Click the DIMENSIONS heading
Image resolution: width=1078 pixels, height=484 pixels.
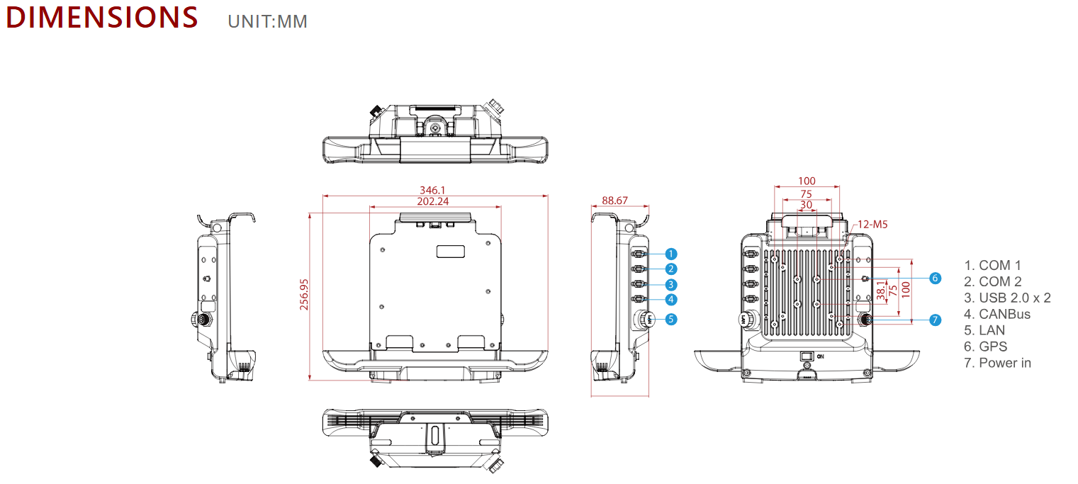click(101, 17)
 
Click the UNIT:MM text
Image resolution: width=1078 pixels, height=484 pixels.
click(268, 22)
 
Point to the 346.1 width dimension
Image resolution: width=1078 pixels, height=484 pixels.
click(432, 190)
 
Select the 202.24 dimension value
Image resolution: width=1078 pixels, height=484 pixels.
click(432, 201)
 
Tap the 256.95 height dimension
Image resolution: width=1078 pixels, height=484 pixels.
click(303, 295)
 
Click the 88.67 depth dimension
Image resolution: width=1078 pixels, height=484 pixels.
click(614, 200)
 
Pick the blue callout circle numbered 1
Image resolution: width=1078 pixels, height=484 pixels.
click(671, 254)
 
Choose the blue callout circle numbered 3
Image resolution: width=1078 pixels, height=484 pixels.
click(671, 284)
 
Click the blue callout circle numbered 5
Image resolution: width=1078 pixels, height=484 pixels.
click(671, 319)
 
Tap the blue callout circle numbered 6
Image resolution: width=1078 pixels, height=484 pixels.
click(935, 278)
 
